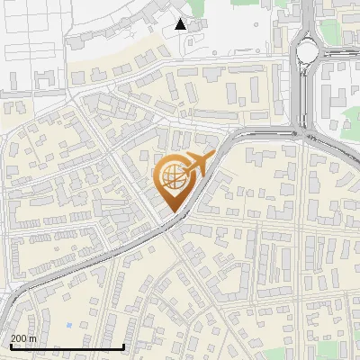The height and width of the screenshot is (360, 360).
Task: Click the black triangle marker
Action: point(181,24)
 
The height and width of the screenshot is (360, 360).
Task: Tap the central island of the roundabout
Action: point(309,50)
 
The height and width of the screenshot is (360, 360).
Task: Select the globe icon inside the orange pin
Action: point(173,180)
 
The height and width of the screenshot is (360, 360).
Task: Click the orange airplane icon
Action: point(197,166)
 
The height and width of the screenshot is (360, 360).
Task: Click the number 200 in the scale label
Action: point(19,338)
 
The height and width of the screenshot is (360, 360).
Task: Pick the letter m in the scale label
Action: point(32,338)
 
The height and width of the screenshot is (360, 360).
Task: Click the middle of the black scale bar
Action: point(66,346)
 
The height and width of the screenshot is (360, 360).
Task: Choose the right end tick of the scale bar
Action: point(123,346)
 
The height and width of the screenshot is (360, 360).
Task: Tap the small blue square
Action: point(69,324)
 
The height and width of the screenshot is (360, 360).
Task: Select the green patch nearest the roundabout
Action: point(330,32)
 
